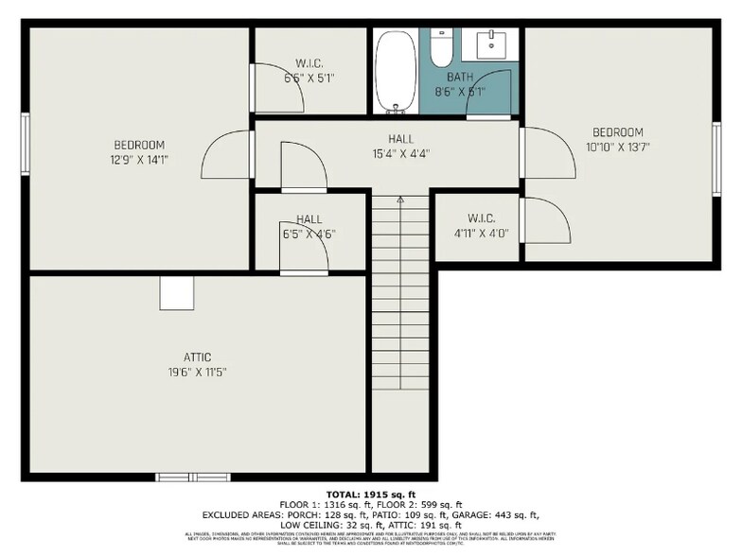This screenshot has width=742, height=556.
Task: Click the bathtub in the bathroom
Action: pos(395,72)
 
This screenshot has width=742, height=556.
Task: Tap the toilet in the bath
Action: pos(441,46)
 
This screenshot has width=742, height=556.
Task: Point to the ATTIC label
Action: pos(198,357)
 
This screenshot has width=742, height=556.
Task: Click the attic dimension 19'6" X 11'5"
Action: pos(198,372)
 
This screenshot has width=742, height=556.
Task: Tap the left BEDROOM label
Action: pos(139,145)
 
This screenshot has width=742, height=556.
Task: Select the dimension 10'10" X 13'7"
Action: pos(618,147)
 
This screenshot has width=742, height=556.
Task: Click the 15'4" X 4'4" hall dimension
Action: pos(401,153)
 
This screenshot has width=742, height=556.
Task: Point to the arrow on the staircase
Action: pos(400,200)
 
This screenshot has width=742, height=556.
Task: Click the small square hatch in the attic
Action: pos(176,293)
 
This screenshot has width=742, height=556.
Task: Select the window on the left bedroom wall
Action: pos(26,144)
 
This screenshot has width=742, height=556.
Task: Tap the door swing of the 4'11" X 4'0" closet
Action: pos(546,222)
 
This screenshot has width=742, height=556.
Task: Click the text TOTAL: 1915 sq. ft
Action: pos(370,495)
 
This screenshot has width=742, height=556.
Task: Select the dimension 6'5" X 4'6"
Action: pos(309,234)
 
